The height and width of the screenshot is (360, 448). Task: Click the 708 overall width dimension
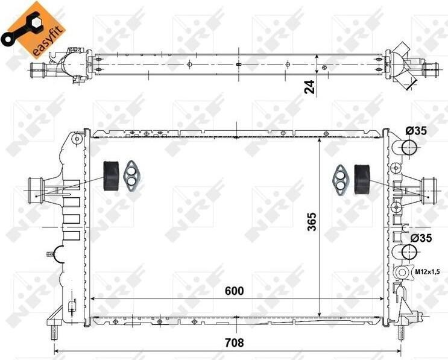tap(235, 342)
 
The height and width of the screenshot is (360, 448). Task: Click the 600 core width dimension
tap(235, 291)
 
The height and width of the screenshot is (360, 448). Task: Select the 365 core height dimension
tap(312, 221)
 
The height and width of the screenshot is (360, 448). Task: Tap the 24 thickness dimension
tap(309, 87)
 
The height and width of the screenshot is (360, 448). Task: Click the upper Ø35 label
tap(416, 131)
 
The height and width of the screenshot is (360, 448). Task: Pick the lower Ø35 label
tap(421, 238)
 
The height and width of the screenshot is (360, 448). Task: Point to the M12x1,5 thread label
tap(427, 272)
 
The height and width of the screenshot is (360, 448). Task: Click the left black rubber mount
tap(111, 175)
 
